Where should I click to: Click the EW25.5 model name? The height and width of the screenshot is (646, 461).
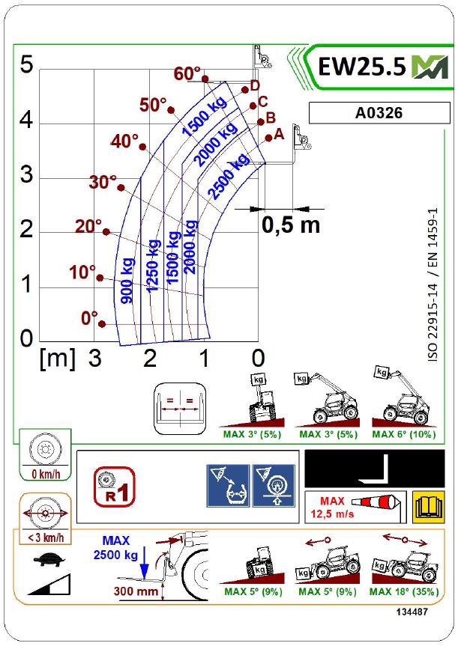[x=363, y=67]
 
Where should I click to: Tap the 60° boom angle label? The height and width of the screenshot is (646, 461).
[x=186, y=74]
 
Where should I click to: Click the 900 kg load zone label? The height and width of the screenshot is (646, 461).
[x=127, y=280]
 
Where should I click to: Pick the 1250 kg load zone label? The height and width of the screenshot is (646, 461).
[x=153, y=266]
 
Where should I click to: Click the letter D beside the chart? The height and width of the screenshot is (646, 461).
[x=254, y=85]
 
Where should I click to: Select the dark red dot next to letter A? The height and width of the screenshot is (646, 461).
[x=268, y=138]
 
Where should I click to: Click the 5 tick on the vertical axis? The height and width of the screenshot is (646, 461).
[x=27, y=66]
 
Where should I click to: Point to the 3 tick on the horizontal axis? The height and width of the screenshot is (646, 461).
[x=94, y=359]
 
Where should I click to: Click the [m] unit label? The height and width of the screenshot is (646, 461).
[x=57, y=359]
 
